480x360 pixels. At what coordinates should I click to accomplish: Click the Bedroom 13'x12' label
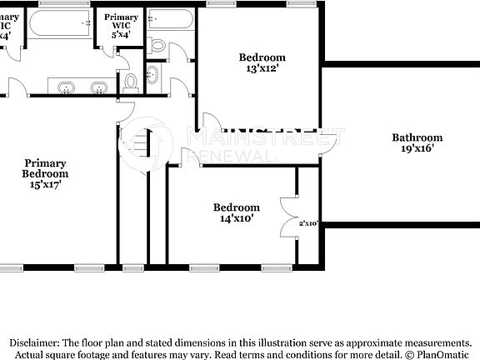tap(262, 63)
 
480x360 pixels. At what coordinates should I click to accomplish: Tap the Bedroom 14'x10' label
tap(236, 213)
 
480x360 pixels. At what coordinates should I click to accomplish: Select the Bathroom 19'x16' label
tap(417, 143)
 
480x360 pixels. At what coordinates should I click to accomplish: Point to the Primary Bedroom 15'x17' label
tap(45, 174)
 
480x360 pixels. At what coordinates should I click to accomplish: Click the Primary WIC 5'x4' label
tap(121, 26)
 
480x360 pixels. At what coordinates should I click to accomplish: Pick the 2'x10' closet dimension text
tap(308, 223)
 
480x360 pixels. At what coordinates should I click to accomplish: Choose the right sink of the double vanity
tap(98, 87)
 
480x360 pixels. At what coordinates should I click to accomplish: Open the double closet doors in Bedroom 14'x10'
tap(288, 218)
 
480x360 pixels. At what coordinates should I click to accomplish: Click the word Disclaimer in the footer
tap(34, 342)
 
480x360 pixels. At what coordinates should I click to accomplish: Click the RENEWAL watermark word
tap(233, 156)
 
